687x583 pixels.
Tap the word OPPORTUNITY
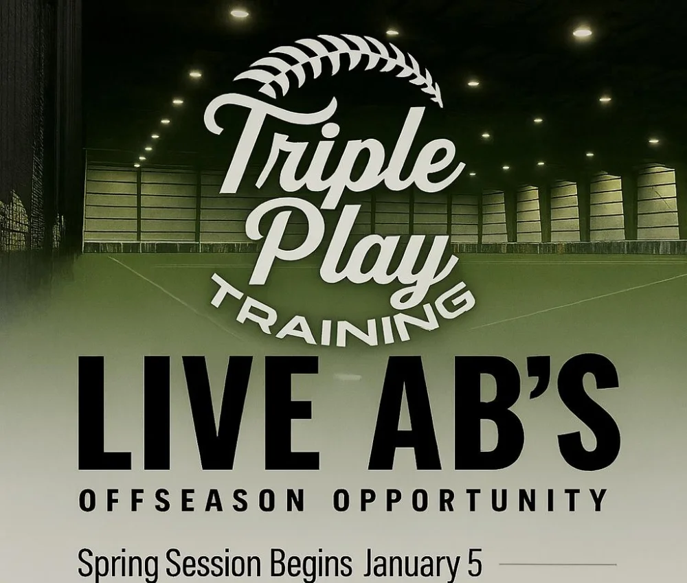tap(470, 500)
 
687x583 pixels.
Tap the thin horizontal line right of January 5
tap(558, 564)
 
